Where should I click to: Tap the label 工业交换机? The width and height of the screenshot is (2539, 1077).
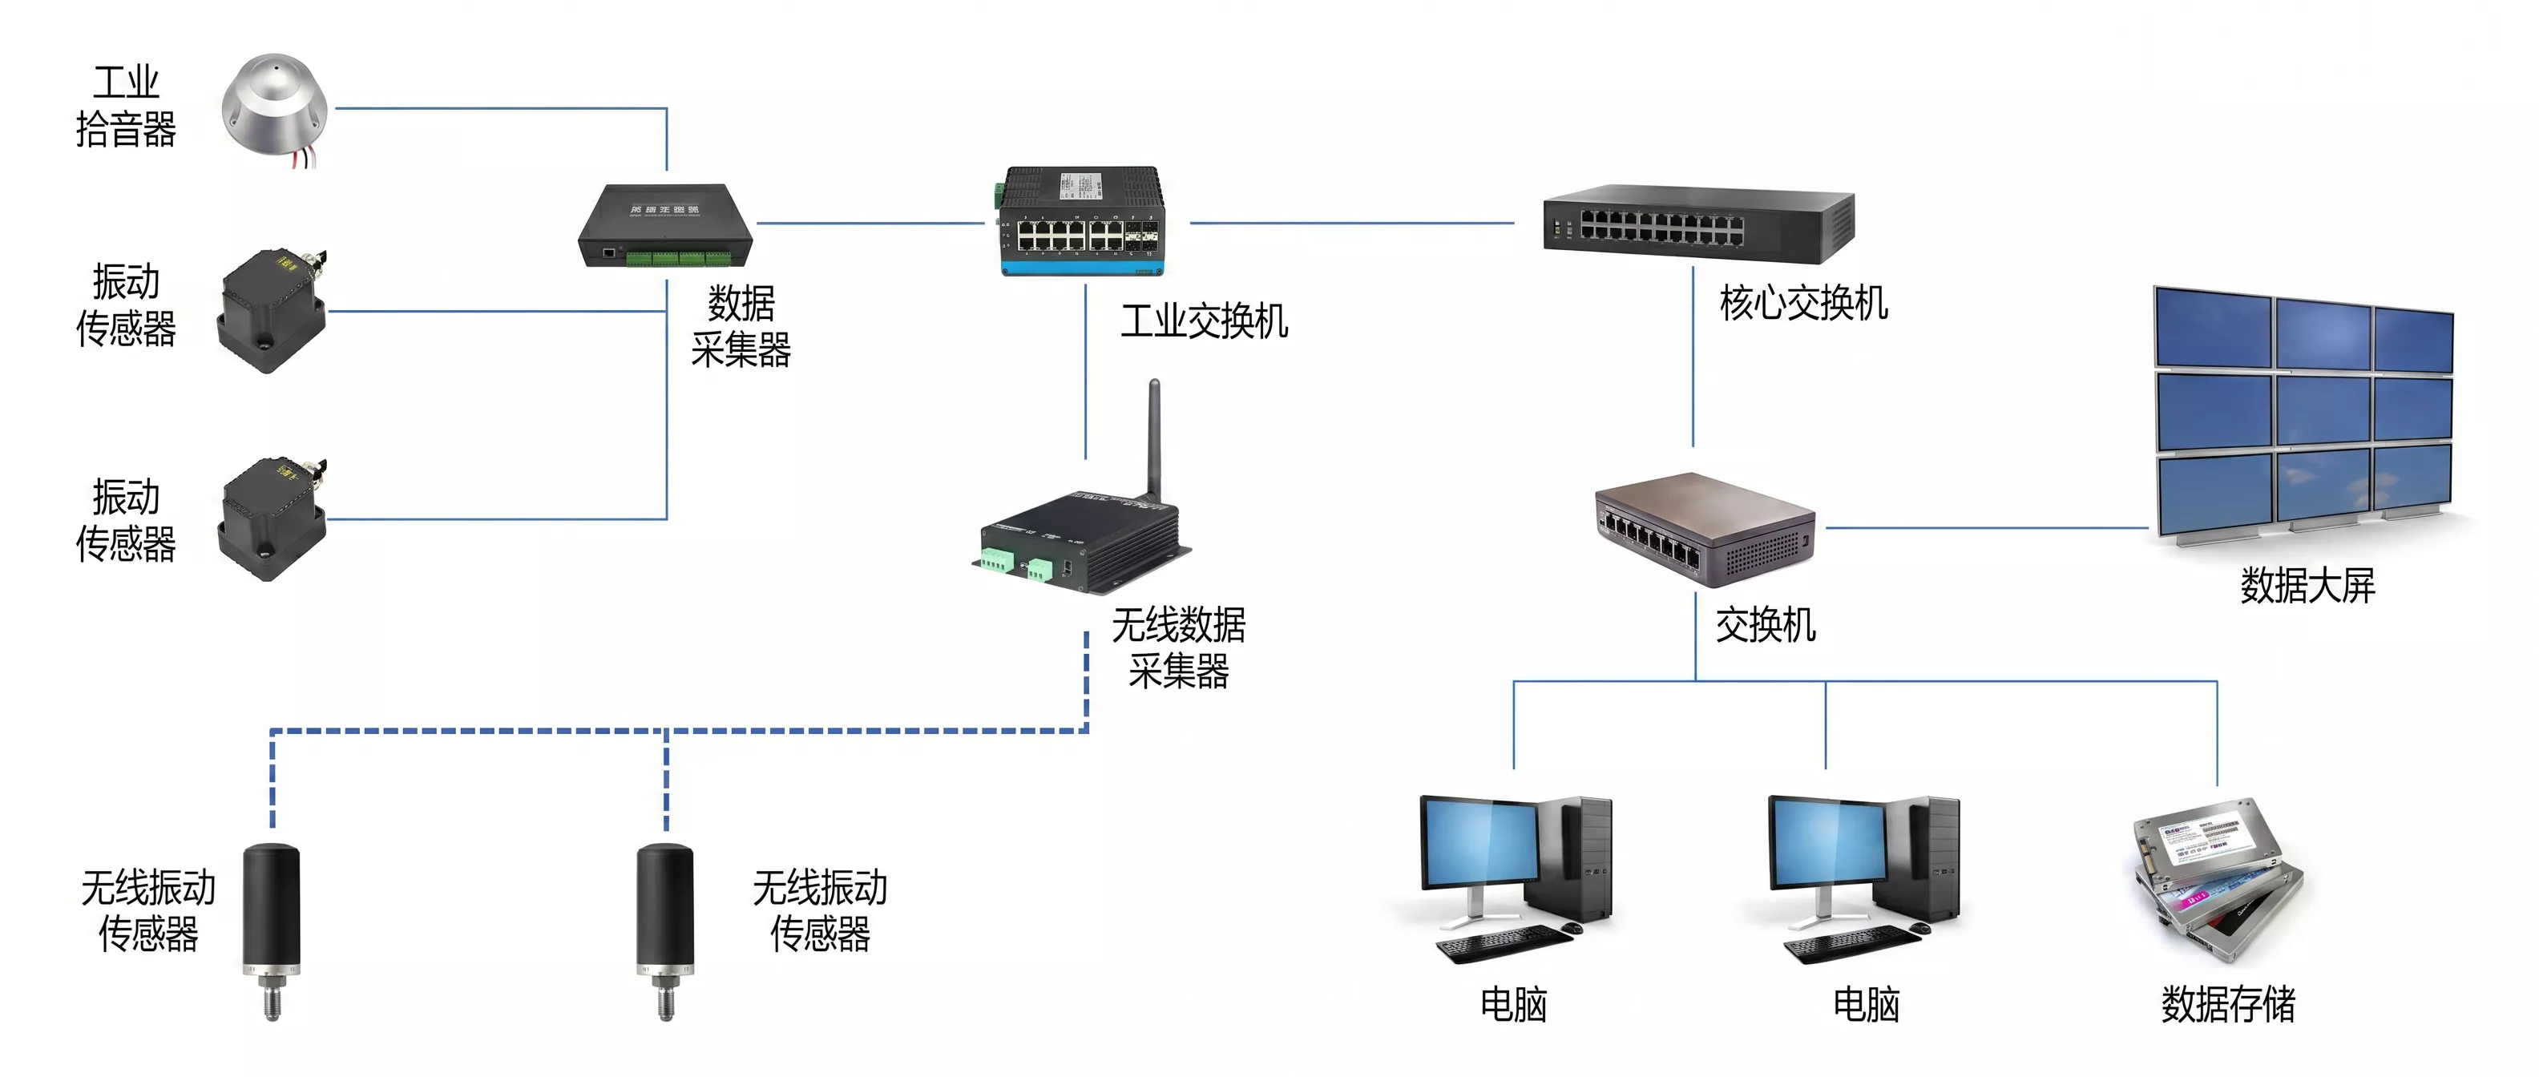pyautogui.click(x=1204, y=321)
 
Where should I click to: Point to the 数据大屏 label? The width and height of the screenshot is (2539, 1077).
pyautogui.click(x=2307, y=585)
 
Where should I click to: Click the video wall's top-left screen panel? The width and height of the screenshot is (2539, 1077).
pyautogui.click(x=2213, y=328)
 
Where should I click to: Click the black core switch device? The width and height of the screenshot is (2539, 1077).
pyautogui.click(x=1698, y=224)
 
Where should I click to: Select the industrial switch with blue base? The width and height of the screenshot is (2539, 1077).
pyautogui.click(x=1081, y=220)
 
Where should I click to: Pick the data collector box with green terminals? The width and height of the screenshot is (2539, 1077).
pyautogui.click(x=665, y=226)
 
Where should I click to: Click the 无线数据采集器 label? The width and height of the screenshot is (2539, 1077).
pyautogui.click(x=1179, y=647)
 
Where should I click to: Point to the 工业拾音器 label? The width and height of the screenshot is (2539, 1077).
pyautogui.click(x=126, y=106)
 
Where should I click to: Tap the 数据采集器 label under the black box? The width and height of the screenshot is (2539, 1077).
pyautogui.click(x=741, y=326)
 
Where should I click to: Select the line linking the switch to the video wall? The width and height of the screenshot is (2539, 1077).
pyautogui.click(x=1987, y=528)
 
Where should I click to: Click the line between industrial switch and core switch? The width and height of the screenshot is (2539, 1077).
pyautogui.click(x=1352, y=223)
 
